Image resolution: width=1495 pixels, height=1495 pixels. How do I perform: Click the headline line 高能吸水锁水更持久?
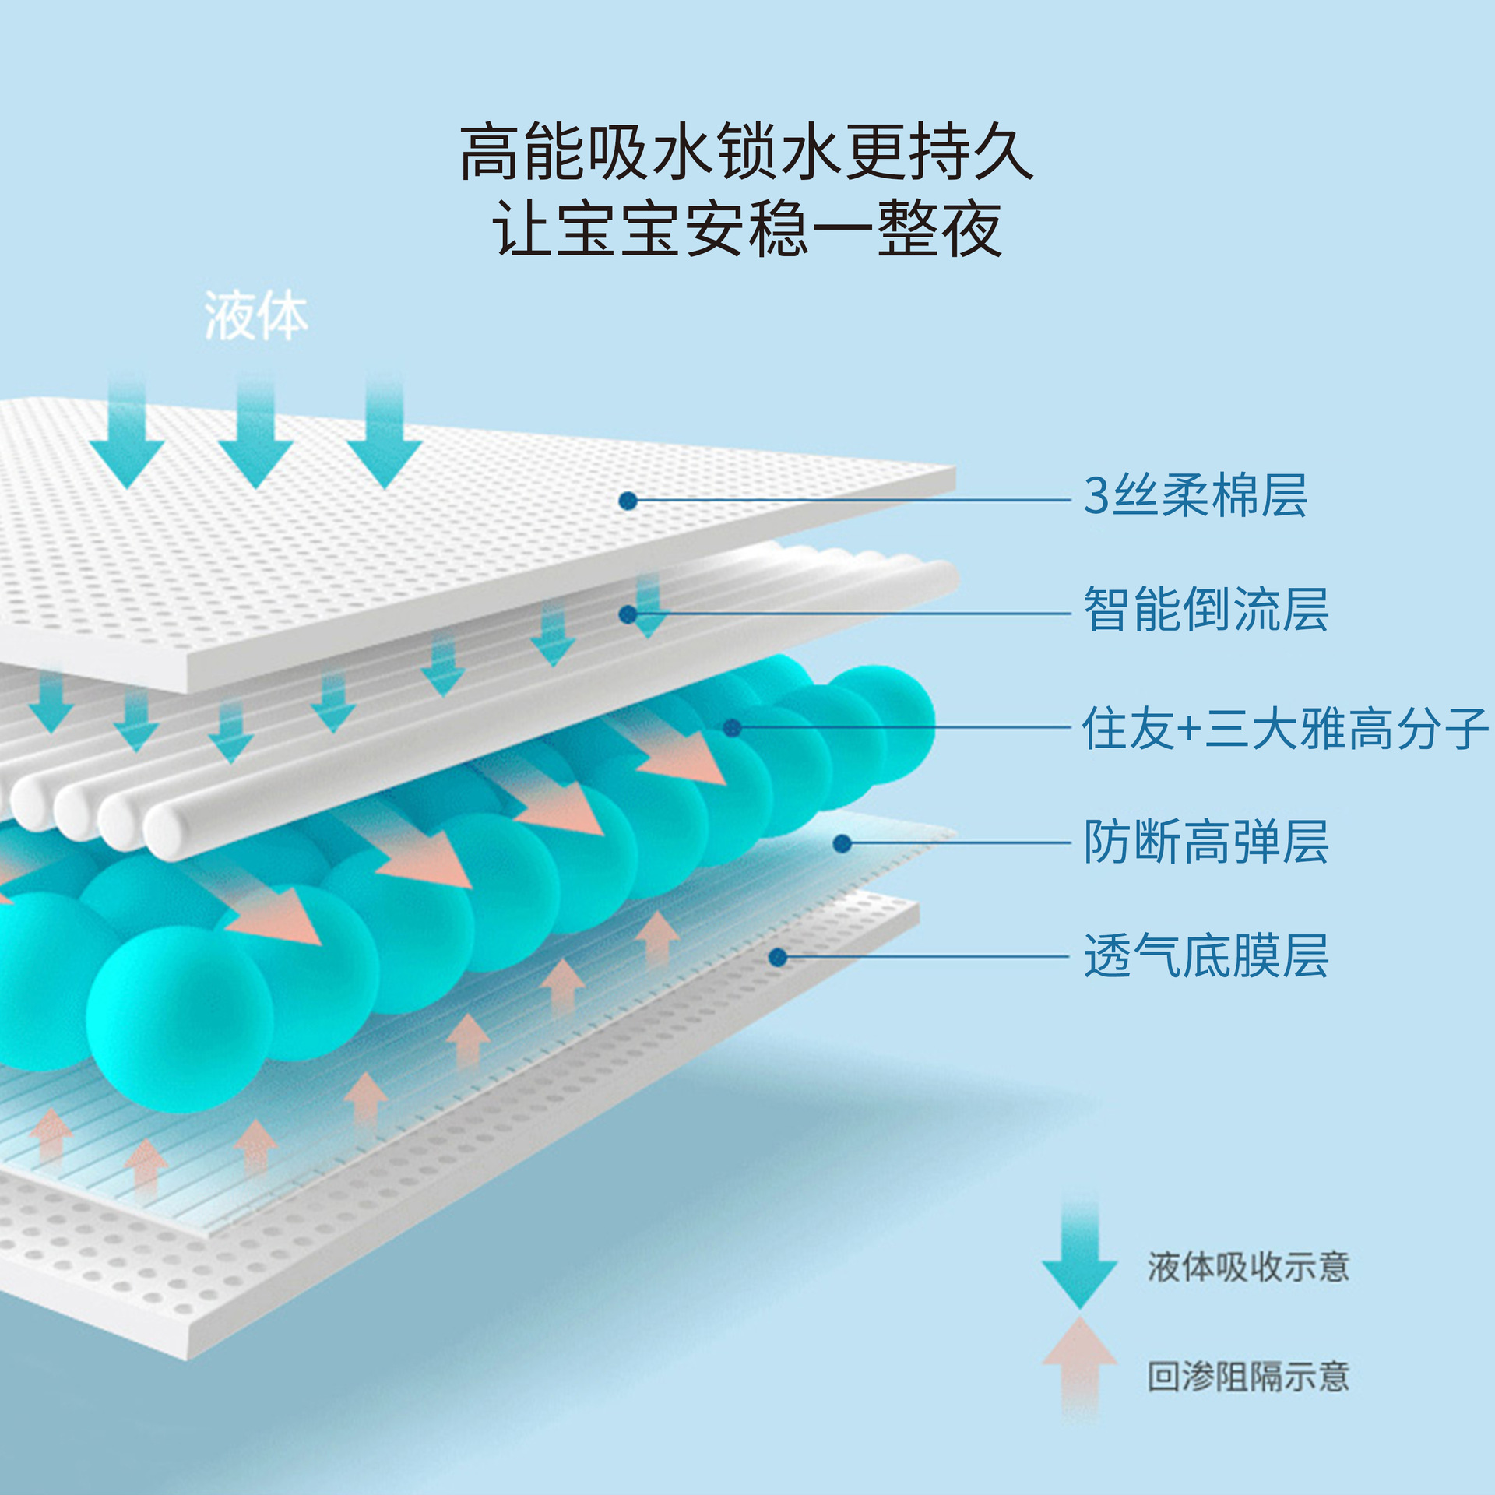pyautogui.click(x=746, y=151)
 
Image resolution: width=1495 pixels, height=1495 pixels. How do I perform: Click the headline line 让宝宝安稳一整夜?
pyautogui.click(x=746, y=228)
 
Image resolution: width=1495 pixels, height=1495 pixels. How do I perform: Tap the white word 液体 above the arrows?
pyautogui.click(x=256, y=317)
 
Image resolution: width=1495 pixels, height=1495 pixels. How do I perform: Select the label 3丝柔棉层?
pyautogui.click(x=1195, y=496)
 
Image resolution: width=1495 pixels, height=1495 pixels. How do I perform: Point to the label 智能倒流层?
pyautogui.click(x=1205, y=610)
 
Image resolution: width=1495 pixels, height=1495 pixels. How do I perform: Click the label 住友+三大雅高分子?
pyautogui.click(x=1285, y=729)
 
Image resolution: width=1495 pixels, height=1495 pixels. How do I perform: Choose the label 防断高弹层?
pyautogui.click(x=1205, y=842)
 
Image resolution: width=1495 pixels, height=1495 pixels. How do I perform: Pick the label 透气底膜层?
pyautogui.click(x=1205, y=956)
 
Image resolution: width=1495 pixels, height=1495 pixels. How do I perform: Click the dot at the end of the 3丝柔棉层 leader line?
pyautogui.click(x=628, y=501)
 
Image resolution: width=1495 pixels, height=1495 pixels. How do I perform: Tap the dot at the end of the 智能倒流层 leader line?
pyautogui.click(x=628, y=614)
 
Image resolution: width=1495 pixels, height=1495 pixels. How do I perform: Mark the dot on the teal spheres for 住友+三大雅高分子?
pyautogui.click(x=732, y=728)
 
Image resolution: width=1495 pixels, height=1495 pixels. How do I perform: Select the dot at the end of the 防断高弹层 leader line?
pyautogui.click(x=842, y=843)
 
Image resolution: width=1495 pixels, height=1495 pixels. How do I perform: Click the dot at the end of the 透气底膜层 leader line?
pyautogui.click(x=777, y=957)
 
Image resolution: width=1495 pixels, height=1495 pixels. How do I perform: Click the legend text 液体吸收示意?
pyautogui.click(x=1247, y=1267)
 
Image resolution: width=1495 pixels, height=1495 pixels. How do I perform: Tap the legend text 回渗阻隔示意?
pyautogui.click(x=1247, y=1377)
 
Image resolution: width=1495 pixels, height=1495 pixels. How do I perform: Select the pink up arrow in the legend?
pyautogui.click(x=1079, y=1363)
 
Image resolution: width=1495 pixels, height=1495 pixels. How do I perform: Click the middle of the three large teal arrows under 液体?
pyautogui.click(x=255, y=436)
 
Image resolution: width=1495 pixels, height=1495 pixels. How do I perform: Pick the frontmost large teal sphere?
pyautogui.click(x=179, y=1020)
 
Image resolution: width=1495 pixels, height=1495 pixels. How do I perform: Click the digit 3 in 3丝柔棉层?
pyautogui.click(x=1096, y=496)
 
